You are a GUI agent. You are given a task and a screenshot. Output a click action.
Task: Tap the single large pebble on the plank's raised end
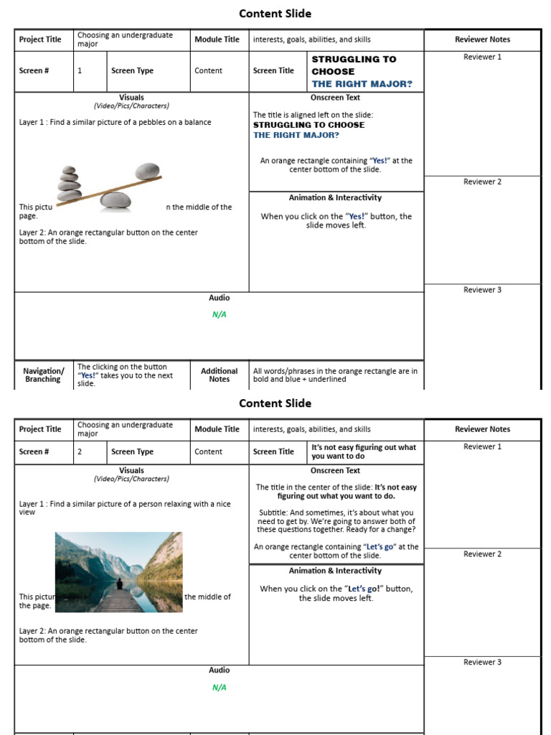click(x=147, y=171)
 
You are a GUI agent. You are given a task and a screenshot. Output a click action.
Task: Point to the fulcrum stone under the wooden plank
click(x=116, y=200)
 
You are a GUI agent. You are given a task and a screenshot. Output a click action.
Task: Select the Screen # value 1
click(x=80, y=71)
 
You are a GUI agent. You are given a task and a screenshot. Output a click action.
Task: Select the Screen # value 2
click(x=80, y=452)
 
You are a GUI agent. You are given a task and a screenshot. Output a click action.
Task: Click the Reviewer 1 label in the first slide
click(x=482, y=57)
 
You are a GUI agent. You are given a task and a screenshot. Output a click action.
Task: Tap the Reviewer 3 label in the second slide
click(x=482, y=663)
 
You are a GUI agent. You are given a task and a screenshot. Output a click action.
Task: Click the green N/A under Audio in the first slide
click(x=219, y=314)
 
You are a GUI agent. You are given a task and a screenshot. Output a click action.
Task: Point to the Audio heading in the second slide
click(x=219, y=670)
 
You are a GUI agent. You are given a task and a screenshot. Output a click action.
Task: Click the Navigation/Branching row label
click(x=43, y=375)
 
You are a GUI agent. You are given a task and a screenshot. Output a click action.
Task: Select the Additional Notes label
click(x=219, y=375)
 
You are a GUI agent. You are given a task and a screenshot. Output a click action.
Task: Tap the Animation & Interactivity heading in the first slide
click(x=335, y=198)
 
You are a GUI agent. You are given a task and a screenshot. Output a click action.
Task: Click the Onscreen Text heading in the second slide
click(x=335, y=471)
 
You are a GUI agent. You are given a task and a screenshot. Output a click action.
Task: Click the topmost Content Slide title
click(x=275, y=14)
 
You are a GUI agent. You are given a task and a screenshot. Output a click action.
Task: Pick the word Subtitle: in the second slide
click(x=275, y=512)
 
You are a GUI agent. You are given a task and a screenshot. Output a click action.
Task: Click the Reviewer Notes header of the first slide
click(x=482, y=39)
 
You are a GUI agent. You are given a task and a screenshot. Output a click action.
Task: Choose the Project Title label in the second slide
click(x=40, y=429)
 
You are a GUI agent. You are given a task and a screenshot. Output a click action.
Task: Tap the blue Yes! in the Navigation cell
click(x=88, y=375)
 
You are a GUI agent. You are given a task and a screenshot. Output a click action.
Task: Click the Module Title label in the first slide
click(x=217, y=39)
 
